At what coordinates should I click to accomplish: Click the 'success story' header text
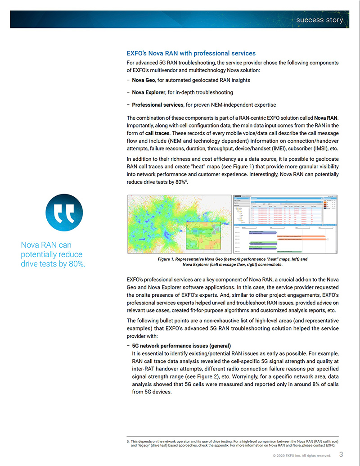[x=319, y=20]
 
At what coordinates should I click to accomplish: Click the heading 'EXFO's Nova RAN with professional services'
[x=191, y=53]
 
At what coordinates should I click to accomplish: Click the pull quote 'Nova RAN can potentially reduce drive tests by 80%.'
[x=53, y=254]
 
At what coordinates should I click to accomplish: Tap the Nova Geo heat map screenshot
[x=179, y=225]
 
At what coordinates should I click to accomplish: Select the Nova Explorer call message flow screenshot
[x=285, y=225]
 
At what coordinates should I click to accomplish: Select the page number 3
[x=341, y=454]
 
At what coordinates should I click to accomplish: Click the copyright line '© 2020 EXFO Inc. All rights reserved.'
[x=301, y=456]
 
